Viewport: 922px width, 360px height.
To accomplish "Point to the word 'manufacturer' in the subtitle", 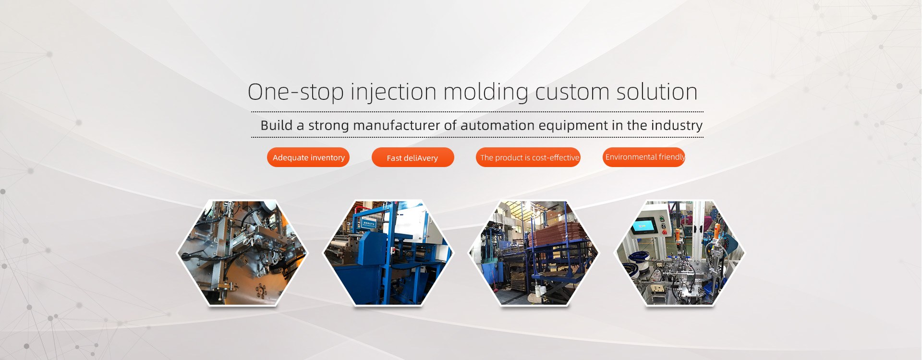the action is (396, 125).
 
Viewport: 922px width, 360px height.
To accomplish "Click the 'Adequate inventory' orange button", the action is (308, 157).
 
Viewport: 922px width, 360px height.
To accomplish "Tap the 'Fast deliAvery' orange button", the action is (412, 157).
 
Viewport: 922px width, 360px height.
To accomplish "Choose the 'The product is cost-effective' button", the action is (528, 157).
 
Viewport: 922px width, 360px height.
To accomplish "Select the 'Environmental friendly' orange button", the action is (644, 157).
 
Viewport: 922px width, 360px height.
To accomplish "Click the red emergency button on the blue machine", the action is (392, 251).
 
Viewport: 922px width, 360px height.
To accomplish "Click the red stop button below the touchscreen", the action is (665, 233).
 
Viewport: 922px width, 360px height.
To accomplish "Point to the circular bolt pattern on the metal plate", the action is (261, 290).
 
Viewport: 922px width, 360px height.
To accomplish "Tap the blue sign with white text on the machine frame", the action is (369, 223).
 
